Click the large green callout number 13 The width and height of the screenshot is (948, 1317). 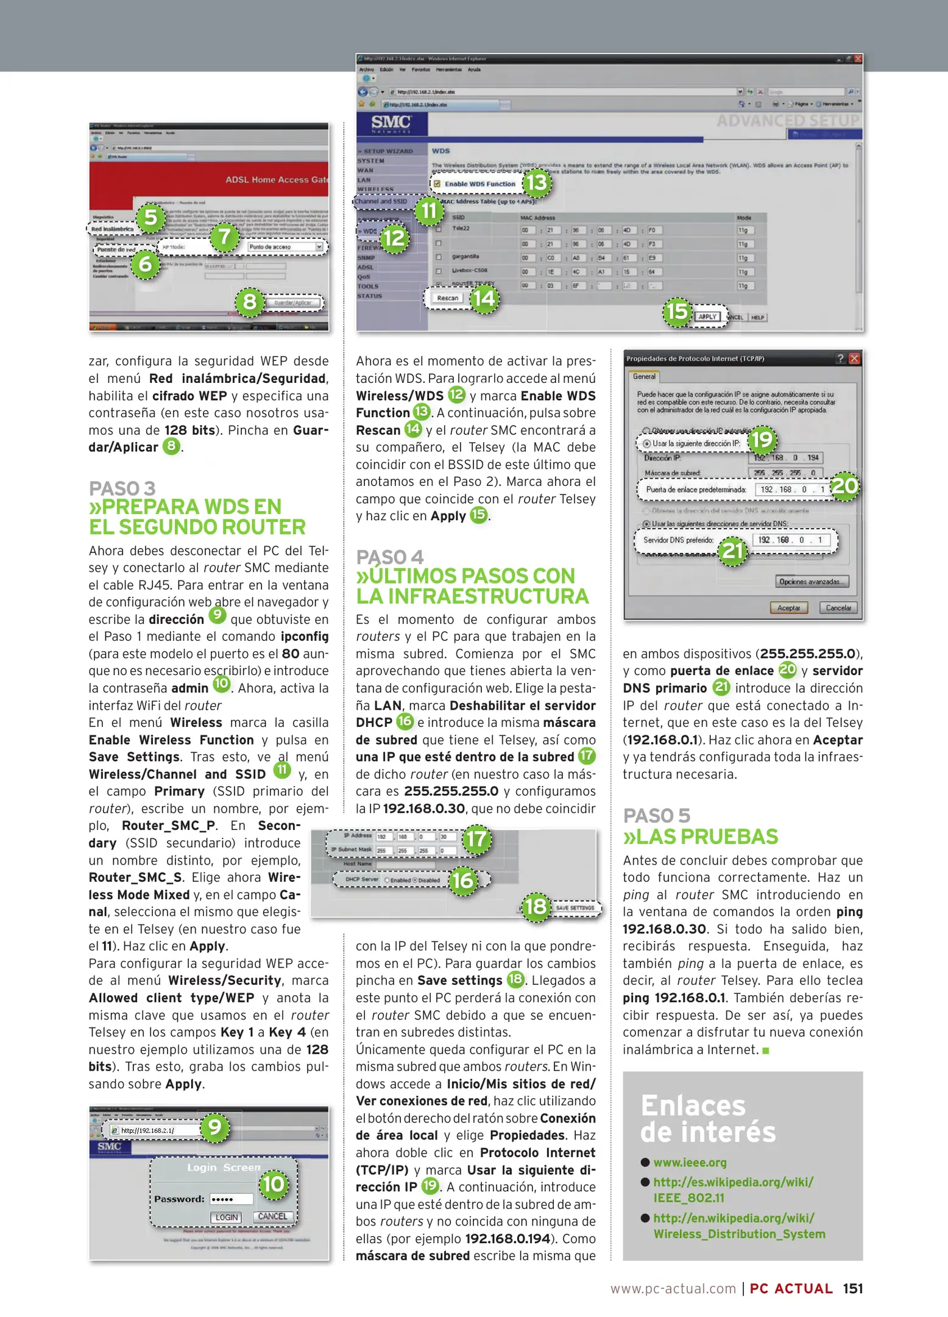pos(537,182)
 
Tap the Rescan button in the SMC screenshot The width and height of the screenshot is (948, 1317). pos(447,298)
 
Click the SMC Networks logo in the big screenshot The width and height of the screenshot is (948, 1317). pos(391,124)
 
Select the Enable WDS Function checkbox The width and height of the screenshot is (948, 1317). pos(437,184)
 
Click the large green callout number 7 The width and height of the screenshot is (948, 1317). pos(225,237)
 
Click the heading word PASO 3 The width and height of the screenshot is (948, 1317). pos(122,488)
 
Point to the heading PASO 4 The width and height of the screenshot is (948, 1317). pos(389,557)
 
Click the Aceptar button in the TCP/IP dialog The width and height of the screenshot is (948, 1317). pos(788,608)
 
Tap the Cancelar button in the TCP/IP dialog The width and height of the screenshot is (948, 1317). pos(838,608)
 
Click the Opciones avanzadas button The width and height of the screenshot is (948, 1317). pos(812,582)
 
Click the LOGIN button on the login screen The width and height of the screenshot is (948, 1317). pos(226,1218)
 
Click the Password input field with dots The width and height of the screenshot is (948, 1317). pos(231,1199)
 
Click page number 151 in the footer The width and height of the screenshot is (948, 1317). pos(852,1288)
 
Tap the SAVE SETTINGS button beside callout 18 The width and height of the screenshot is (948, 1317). pos(574,908)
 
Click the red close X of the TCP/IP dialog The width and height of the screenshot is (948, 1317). pos(854,359)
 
